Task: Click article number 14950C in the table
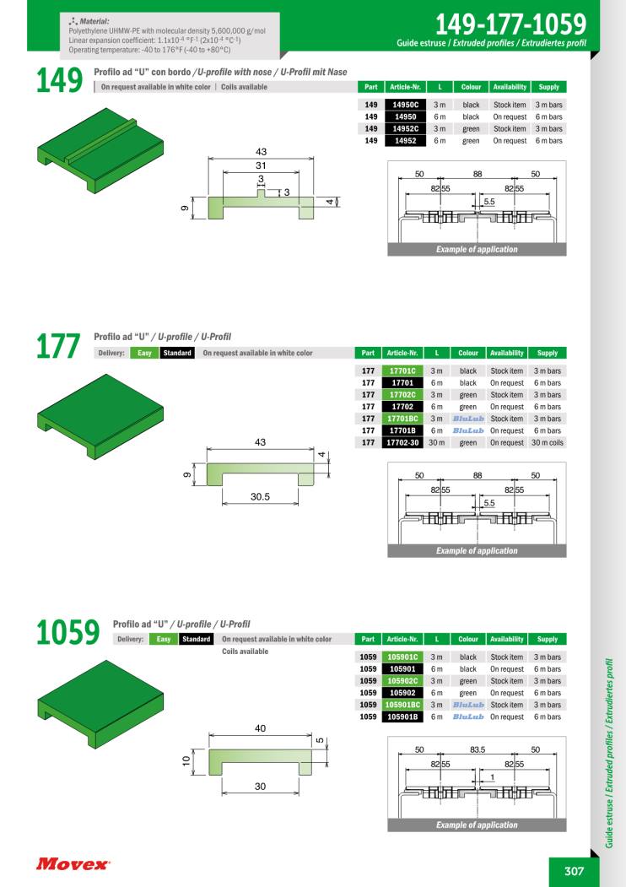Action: point(406,105)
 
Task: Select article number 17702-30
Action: point(402,442)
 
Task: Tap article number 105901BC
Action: point(402,705)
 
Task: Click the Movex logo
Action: point(73,864)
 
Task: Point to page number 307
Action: point(574,871)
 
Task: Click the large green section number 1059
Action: point(67,632)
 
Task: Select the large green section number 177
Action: point(58,346)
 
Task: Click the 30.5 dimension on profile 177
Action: point(260,497)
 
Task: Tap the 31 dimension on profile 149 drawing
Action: point(261,165)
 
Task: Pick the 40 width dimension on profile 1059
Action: point(260,728)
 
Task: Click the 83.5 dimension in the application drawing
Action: point(478,749)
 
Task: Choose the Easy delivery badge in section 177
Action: point(145,353)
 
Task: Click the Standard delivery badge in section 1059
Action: point(197,639)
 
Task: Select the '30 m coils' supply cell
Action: point(548,442)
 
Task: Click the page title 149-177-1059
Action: point(510,24)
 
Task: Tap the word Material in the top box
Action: point(94,21)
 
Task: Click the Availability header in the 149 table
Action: point(510,87)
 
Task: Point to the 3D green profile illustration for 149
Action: point(100,151)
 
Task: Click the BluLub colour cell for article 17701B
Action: point(468,430)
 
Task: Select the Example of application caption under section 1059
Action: point(477,825)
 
